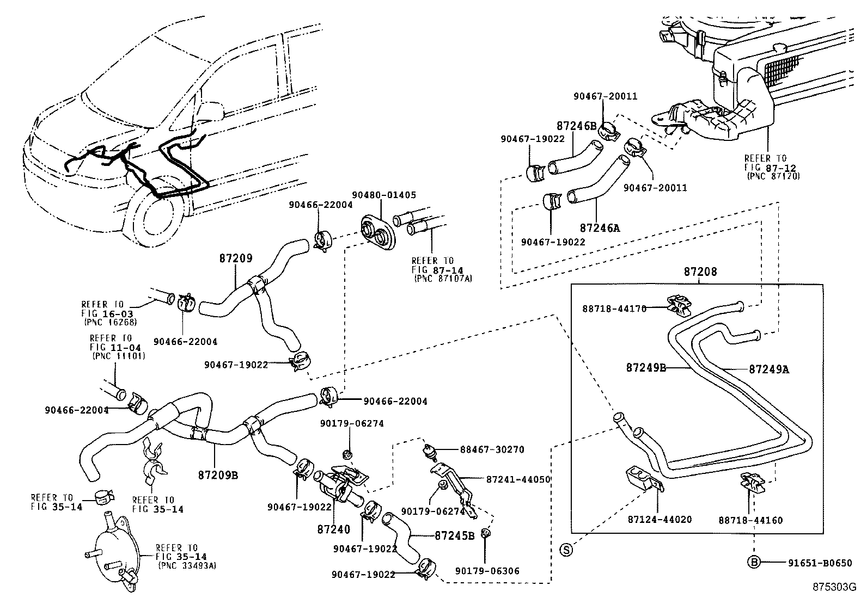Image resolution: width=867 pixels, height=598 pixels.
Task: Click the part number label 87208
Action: pyautogui.click(x=700, y=272)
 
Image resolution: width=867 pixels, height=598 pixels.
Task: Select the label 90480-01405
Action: pyautogui.click(x=376, y=195)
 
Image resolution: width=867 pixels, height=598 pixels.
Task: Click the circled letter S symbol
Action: pyautogui.click(x=566, y=550)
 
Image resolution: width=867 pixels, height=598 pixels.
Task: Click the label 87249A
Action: pyautogui.click(x=768, y=369)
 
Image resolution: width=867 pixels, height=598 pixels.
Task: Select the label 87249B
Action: pyautogui.click(x=646, y=367)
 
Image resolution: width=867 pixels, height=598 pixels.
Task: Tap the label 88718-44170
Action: pyautogui.click(x=614, y=309)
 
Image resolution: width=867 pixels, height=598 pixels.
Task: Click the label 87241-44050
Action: pyautogui.click(x=518, y=479)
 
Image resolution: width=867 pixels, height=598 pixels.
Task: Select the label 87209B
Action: pyautogui.click(x=218, y=474)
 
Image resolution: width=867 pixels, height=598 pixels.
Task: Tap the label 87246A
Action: pyautogui.click(x=600, y=229)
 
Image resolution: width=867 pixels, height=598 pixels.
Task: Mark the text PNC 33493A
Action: pyautogui.click(x=187, y=566)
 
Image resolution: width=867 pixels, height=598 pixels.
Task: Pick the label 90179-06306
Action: pyautogui.click(x=488, y=571)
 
